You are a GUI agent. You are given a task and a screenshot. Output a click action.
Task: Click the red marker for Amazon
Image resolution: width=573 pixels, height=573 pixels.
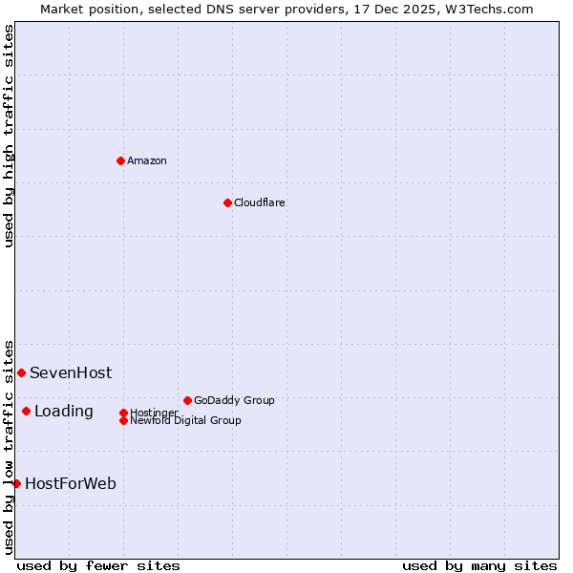120,160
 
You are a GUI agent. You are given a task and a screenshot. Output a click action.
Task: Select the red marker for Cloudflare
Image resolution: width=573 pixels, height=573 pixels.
227,202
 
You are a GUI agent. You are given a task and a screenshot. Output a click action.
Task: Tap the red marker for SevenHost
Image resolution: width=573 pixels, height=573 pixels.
21,372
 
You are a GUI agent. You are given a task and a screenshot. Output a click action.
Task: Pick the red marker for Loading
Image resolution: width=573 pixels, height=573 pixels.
26,411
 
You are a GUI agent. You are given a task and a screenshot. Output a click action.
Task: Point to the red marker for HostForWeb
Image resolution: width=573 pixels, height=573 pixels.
16,483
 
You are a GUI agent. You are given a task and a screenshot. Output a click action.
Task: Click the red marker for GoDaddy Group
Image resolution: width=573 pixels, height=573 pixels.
187,400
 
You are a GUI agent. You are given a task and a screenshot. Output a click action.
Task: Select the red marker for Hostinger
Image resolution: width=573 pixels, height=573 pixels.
123,413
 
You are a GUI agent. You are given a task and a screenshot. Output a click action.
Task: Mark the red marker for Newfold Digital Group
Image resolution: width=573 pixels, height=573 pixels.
123,420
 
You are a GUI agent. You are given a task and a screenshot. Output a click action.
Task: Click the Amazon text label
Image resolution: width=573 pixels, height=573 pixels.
147,160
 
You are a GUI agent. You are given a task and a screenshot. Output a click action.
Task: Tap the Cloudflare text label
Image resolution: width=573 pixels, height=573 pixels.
260,202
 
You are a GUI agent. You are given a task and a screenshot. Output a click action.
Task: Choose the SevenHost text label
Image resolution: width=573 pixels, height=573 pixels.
71,372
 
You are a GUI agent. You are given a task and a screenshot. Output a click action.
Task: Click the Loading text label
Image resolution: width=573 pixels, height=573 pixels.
64,411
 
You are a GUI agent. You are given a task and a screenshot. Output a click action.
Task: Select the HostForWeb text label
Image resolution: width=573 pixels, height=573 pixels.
71,483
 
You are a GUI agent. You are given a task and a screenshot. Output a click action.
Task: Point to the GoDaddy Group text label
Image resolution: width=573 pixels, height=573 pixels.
234,400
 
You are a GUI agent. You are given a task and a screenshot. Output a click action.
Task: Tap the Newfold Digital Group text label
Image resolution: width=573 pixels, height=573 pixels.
185,420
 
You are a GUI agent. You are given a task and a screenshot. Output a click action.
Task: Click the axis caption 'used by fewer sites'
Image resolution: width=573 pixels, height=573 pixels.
98,565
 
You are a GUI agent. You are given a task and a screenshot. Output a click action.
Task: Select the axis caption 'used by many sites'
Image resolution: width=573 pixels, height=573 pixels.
479,565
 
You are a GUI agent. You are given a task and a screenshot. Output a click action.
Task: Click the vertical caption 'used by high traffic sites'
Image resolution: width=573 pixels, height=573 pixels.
10,136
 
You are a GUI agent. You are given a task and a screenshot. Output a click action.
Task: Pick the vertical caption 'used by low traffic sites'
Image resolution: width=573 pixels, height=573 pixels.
10,446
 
